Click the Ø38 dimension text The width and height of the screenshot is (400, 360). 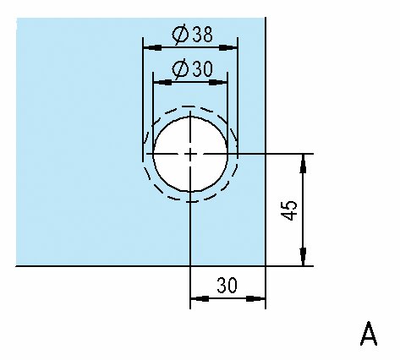[x=192, y=35]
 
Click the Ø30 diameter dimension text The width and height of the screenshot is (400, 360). [x=192, y=69]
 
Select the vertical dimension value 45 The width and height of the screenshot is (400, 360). [x=289, y=210]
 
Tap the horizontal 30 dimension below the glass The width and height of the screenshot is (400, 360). [x=227, y=285]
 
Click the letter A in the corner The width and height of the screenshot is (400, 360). [x=369, y=334]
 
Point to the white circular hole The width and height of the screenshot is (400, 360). [x=190, y=154]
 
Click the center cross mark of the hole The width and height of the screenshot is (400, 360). [x=190, y=154]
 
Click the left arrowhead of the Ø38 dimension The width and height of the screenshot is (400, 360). [x=152, y=47]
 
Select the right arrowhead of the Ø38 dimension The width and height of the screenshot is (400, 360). [x=228, y=47]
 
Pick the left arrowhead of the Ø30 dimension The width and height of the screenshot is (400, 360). [x=162, y=83]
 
